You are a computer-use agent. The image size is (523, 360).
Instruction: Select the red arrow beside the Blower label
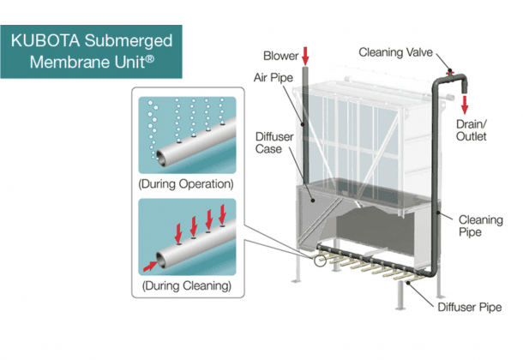tap(306, 57)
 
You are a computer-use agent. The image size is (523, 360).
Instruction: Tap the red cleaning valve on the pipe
tap(449, 67)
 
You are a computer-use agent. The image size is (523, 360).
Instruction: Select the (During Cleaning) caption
tap(191, 284)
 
